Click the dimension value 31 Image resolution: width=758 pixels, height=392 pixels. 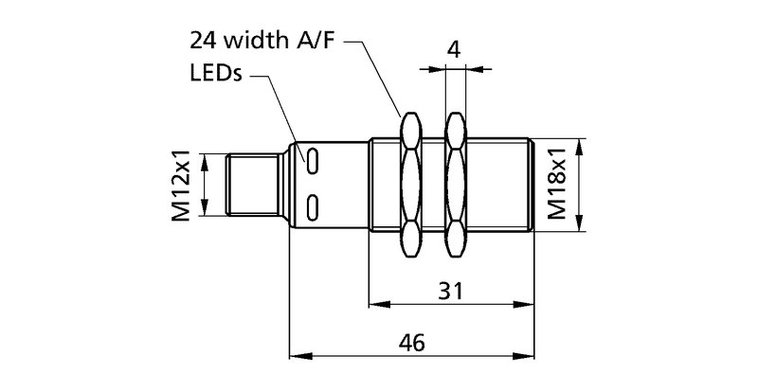coord(452,291)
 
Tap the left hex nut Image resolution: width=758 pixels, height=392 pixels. coord(410,185)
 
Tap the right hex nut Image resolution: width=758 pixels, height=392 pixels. coord(456,185)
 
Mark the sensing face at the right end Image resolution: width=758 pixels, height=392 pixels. coord(536,185)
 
